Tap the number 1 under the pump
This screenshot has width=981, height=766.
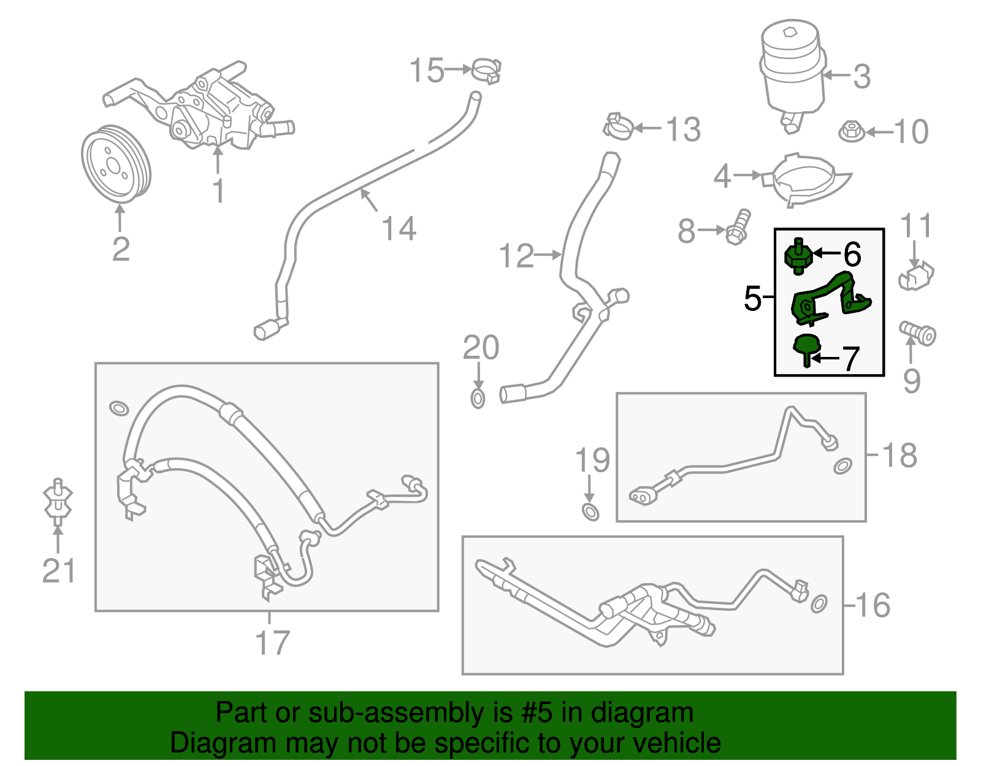[218, 191]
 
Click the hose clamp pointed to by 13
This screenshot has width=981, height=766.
[618, 126]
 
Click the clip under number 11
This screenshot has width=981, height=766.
[915, 277]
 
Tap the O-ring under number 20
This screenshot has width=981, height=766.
[478, 399]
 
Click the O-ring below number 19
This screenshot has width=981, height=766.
[590, 511]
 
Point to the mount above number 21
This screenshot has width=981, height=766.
[58, 502]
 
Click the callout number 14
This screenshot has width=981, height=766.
[399, 229]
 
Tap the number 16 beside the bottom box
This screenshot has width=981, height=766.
[872, 605]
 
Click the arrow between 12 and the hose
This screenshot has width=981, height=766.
[548, 254]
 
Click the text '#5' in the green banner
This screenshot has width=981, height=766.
[537, 713]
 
